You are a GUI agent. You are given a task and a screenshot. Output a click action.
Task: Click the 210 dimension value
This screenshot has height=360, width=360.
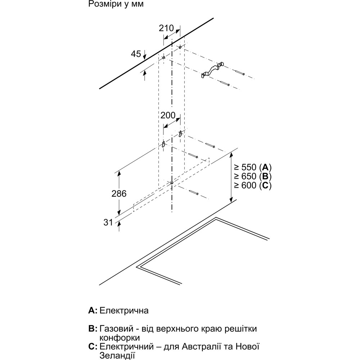pos(166,28)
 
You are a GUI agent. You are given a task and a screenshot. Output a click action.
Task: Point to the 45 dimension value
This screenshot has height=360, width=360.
pos(136,54)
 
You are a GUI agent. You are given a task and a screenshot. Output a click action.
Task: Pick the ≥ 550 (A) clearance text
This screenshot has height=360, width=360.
pos(252,167)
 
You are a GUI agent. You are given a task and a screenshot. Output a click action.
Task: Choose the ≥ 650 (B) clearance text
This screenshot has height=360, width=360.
pos(252,176)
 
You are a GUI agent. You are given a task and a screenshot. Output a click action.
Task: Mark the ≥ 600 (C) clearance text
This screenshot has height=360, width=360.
pos(252,185)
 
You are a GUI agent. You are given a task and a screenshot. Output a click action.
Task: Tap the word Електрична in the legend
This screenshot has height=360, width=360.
pos(124,310)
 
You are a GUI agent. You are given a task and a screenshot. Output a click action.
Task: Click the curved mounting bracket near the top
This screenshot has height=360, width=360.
pos(212,70)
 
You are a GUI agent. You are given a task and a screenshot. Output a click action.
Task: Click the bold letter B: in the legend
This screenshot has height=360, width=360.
pos(93,329)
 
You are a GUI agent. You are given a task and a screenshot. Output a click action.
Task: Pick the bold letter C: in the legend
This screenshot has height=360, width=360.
pos(93,347)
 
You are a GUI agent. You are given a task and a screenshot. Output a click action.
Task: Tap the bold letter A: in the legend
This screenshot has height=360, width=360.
pos(93,310)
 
